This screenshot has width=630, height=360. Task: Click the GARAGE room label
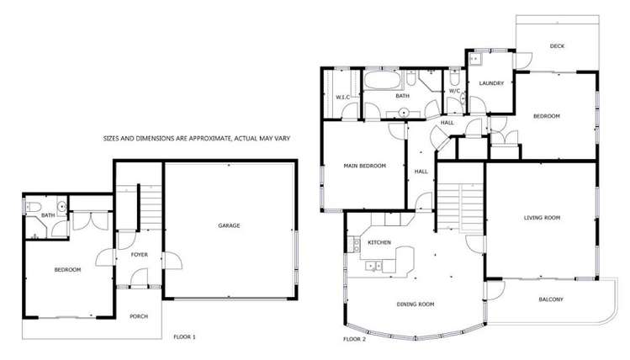coord(230,226)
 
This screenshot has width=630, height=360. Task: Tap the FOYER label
coord(140,253)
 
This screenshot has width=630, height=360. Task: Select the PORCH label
coord(138,316)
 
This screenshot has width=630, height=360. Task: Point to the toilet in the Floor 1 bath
coord(30,207)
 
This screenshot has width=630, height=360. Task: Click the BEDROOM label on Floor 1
coord(67,269)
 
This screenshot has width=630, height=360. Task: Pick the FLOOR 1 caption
coord(183,337)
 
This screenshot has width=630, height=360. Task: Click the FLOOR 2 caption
coord(355,339)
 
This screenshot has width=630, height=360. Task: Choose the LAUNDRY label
coord(490,83)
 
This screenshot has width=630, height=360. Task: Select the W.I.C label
coord(343,98)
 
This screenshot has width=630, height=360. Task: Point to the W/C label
coord(454,91)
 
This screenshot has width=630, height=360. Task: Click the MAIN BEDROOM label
coord(364,166)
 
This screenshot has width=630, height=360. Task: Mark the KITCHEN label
coord(379,242)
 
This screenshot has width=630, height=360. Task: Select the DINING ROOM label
coord(416,304)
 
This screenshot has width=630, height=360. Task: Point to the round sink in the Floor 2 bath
coord(405,111)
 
